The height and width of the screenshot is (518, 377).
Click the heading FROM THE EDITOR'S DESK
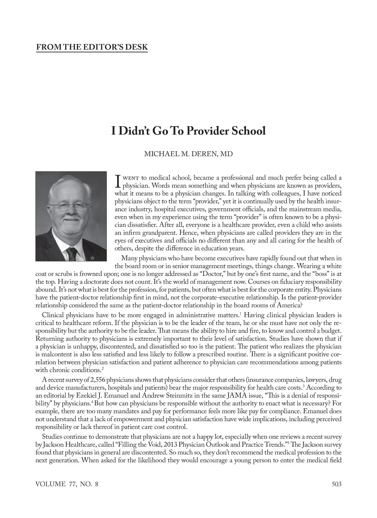pyautogui.click(x=92, y=47)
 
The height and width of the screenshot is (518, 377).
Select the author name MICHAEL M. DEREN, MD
pyautogui.click(x=188, y=154)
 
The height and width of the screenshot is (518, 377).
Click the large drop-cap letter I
pyautogui.click(x=118, y=181)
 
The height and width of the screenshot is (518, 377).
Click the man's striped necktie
pyautogui.click(x=72, y=254)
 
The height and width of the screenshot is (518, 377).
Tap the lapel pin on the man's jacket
pyautogui.click(x=91, y=258)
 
